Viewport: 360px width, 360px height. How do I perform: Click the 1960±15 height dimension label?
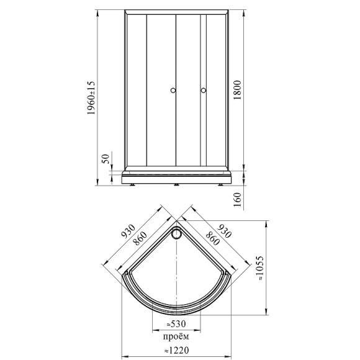[x=91, y=98]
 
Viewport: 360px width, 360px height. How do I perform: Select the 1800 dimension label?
[x=237, y=90]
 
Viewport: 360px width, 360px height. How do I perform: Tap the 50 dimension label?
[x=106, y=159]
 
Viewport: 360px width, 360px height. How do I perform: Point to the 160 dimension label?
[x=237, y=199]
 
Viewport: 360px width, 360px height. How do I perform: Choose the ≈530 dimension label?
[x=176, y=324]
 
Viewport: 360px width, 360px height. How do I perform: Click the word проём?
[x=176, y=337]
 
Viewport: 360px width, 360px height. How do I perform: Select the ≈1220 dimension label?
[x=176, y=350]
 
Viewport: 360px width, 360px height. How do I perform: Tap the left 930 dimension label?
[x=128, y=232]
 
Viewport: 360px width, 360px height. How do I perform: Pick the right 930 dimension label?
[x=224, y=232]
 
